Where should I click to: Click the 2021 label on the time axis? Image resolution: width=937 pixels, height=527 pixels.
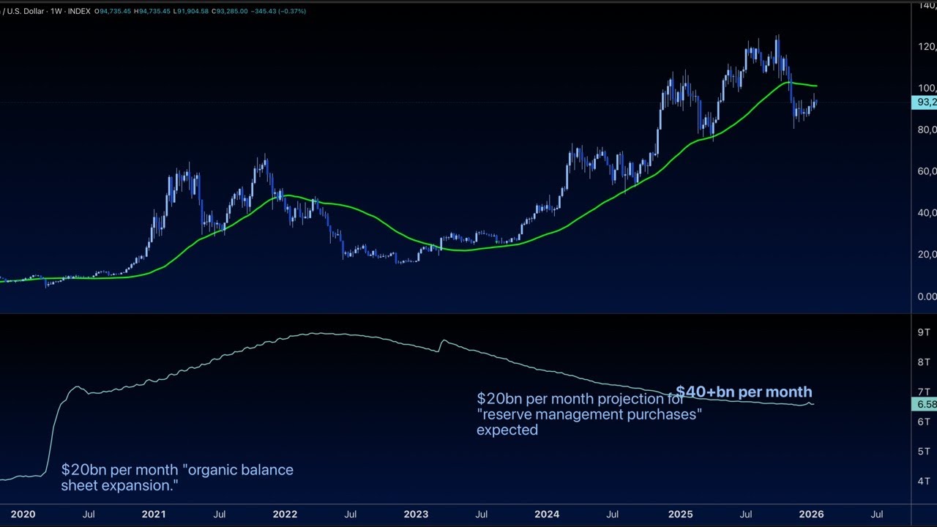(154, 514)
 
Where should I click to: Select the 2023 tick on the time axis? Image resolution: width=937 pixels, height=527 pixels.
(416, 514)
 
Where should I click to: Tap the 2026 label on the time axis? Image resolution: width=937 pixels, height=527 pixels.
(811, 514)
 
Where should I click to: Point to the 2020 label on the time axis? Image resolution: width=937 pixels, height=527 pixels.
(23, 514)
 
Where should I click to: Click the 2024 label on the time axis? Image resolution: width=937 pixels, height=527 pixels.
(547, 514)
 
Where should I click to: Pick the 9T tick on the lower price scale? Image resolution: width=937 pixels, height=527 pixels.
(924, 332)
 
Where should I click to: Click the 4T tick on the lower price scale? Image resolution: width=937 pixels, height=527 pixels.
(924, 481)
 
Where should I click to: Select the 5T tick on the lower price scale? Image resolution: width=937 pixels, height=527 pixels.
(924, 452)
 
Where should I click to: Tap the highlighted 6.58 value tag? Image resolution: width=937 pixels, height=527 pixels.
(925, 404)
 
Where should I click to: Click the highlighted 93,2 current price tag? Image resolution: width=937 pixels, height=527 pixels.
(925, 102)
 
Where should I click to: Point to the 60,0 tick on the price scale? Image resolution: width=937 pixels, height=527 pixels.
(927, 171)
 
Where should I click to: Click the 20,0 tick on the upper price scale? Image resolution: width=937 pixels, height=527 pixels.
(927, 255)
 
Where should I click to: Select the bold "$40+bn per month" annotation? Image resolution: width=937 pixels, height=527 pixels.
(744, 392)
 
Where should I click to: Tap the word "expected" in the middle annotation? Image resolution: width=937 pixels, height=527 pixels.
(507, 430)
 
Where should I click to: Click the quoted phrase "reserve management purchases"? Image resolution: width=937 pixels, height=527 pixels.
(589, 414)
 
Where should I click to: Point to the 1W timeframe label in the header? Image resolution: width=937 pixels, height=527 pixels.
(56, 11)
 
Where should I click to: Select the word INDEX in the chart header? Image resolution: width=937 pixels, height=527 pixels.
(79, 11)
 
